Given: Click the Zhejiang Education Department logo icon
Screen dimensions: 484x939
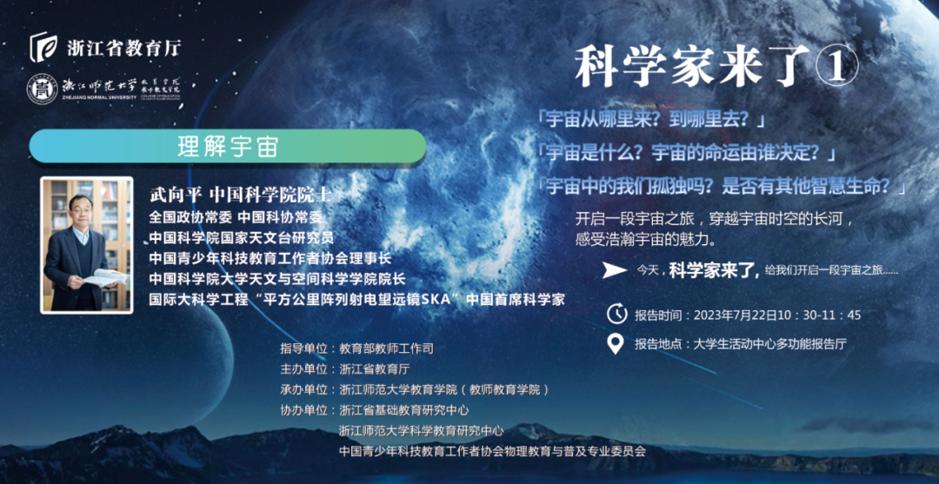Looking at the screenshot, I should [x=43, y=48].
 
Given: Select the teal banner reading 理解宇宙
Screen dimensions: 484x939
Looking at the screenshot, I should [x=228, y=147].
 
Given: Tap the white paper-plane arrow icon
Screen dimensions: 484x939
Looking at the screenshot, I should [x=616, y=270].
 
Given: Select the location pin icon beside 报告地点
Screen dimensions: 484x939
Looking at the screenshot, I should [x=616, y=343].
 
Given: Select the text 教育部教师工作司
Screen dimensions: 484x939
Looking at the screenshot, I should [x=386, y=348].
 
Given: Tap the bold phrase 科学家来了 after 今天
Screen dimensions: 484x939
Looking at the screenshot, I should [x=715, y=270].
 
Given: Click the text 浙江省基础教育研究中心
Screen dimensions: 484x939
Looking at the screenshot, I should [x=403, y=410].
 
